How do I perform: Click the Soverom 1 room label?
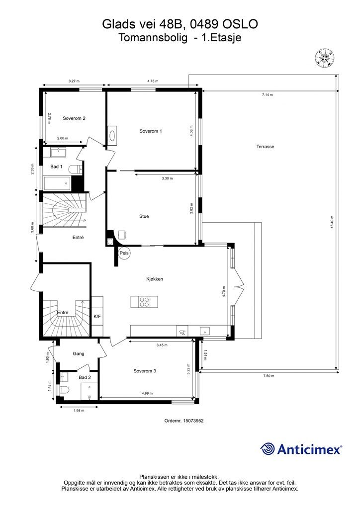point(151,131)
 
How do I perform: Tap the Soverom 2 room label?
point(74,118)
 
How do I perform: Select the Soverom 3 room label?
point(145,371)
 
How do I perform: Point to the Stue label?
point(144,216)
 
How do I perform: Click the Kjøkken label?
point(155,279)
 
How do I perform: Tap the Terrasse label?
point(265,147)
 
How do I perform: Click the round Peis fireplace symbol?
point(124,253)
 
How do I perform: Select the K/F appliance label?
point(97,316)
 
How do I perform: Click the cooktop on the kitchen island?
point(144,302)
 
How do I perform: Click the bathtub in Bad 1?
point(58,184)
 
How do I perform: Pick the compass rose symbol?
point(324,58)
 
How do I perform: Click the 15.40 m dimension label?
point(332,222)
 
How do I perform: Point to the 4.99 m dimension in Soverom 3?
point(147,393)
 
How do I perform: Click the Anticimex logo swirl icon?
point(268,449)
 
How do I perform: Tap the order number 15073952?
point(193,421)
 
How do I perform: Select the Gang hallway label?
point(79,354)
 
